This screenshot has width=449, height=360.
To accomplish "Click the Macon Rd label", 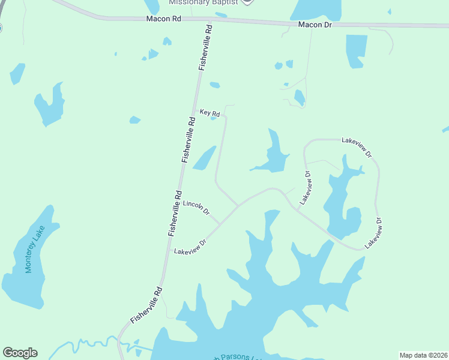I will click(x=163, y=19).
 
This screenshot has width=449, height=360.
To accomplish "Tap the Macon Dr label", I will click(x=315, y=25).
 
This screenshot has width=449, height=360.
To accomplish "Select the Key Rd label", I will click(x=209, y=113).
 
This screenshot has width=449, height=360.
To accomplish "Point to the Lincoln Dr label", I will click(x=196, y=208).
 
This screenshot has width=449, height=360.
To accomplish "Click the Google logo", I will click(x=20, y=353).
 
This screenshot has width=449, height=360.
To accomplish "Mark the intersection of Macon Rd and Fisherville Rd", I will click(x=211, y=20).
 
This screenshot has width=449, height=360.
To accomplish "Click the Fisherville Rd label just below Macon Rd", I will click(x=205, y=48).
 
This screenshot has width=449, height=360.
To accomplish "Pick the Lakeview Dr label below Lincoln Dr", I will click(x=190, y=246).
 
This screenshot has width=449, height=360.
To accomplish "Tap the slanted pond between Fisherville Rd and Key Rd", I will click(x=204, y=158).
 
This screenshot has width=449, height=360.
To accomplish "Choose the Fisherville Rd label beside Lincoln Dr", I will click(x=175, y=212).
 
